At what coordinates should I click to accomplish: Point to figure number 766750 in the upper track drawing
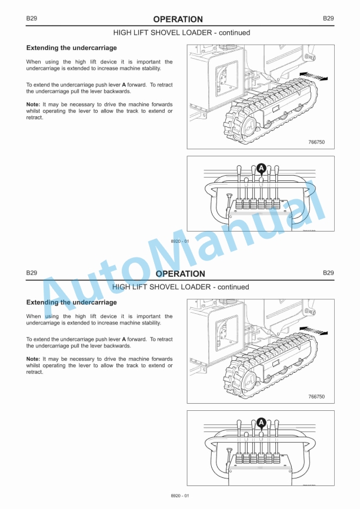pos(316,142)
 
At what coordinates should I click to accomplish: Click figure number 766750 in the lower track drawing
pos(316,397)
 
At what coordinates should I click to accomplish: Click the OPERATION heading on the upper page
pos(178,19)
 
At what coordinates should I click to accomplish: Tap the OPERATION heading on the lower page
pos(180,274)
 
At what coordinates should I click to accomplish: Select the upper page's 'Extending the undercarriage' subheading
pos(71,48)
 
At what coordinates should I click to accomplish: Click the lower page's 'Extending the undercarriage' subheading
pos(71,302)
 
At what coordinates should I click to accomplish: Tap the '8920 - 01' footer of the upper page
pos(180,242)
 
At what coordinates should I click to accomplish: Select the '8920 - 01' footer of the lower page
pos(180,497)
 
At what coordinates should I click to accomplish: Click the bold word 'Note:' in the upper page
pos(33,104)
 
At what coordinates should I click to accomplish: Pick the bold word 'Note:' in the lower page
pos(33,359)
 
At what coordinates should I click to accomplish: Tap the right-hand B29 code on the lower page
pos(328,273)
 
